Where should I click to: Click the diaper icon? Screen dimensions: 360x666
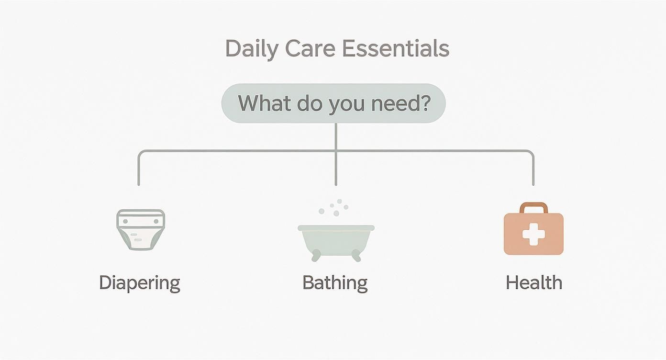141,229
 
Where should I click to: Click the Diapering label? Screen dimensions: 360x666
140,282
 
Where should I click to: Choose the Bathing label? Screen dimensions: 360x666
335,282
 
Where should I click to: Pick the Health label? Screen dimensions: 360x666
534,282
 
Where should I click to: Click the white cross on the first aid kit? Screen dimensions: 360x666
533,235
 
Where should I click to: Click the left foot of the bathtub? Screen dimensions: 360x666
316,257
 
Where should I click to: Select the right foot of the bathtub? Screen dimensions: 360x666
355,257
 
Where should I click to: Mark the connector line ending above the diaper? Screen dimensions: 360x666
139,182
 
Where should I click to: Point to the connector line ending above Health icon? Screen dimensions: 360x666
533,182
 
